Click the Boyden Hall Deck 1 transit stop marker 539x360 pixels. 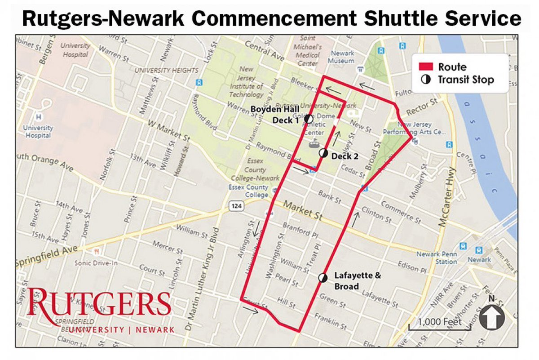pyautogui.click(x=309, y=119)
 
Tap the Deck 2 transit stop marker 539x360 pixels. pyautogui.click(x=323, y=153)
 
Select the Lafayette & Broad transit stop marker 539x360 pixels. pyautogui.click(x=323, y=278)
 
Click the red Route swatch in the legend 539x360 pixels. pyautogui.click(x=426, y=67)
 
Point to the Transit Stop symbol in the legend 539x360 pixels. pyautogui.click(x=426, y=80)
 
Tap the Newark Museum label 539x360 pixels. pyautogui.click(x=343, y=57)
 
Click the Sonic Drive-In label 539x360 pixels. pyautogui.click(x=96, y=263)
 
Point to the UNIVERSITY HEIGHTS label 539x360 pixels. pyautogui.click(x=166, y=71)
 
